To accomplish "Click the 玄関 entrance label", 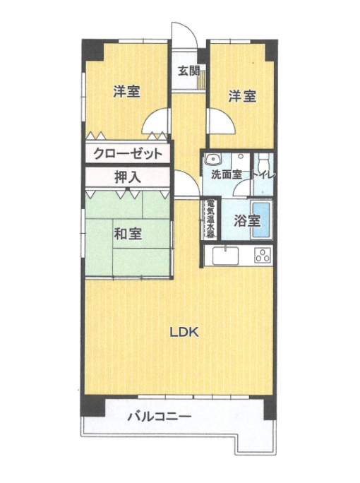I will click(x=188, y=71).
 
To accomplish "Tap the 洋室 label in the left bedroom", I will click(x=126, y=91).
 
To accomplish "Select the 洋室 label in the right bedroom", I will click(x=241, y=97).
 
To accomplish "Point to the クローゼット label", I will click(x=128, y=154).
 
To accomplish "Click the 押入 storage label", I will click(x=127, y=177).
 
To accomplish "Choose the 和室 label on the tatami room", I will click(x=128, y=234).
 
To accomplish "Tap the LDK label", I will click(x=186, y=333).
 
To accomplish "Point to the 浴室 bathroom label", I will click(x=248, y=220).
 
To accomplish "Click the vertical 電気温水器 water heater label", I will click(x=210, y=220).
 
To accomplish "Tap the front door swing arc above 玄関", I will click(x=183, y=35).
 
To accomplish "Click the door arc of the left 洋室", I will click(x=156, y=123).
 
